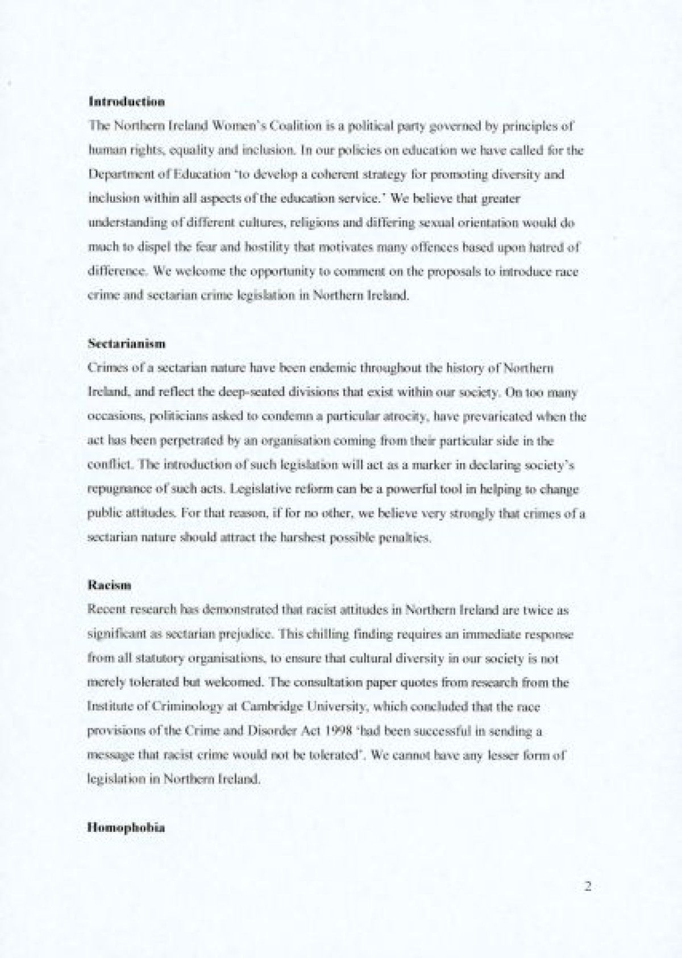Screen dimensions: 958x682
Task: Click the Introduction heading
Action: tap(127, 102)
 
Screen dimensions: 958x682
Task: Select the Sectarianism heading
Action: tap(127, 344)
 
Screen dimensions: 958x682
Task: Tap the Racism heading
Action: tap(110, 585)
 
